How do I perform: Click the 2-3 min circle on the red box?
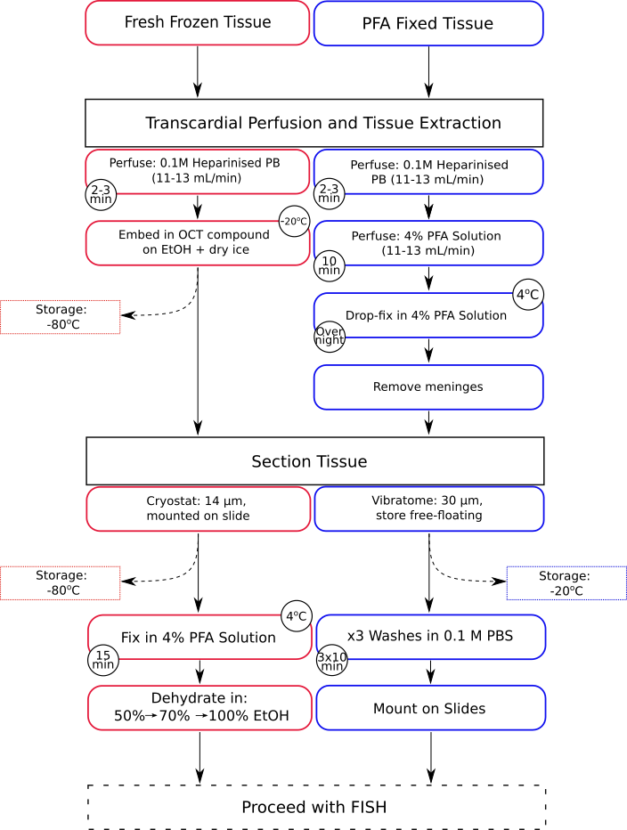(x=101, y=194)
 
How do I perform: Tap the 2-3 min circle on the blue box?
(x=330, y=193)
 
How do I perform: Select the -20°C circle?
(x=294, y=222)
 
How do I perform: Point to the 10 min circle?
(x=330, y=265)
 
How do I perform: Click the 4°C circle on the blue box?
(x=528, y=295)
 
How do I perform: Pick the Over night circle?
(x=330, y=336)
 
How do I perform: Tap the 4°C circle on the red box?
(x=297, y=615)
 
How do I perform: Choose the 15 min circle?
(x=103, y=660)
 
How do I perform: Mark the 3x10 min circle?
(x=332, y=661)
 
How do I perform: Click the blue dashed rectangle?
(x=566, y=582)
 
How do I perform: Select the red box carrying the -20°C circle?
(x=197, y=244)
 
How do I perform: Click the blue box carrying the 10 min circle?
(x=428, y=242)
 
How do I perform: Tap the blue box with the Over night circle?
(x=428, y=315)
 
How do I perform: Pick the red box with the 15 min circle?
(x=199, y=637)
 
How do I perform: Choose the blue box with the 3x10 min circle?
(x=431, y=637)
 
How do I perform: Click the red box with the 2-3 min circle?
(x=197, y=171)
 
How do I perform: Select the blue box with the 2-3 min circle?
(x=428, y=171)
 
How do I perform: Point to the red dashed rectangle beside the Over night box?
(x=60, y=317)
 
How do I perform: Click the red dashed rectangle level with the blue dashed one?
(x=60, y=582)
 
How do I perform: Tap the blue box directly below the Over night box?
(x=428, y=387)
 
